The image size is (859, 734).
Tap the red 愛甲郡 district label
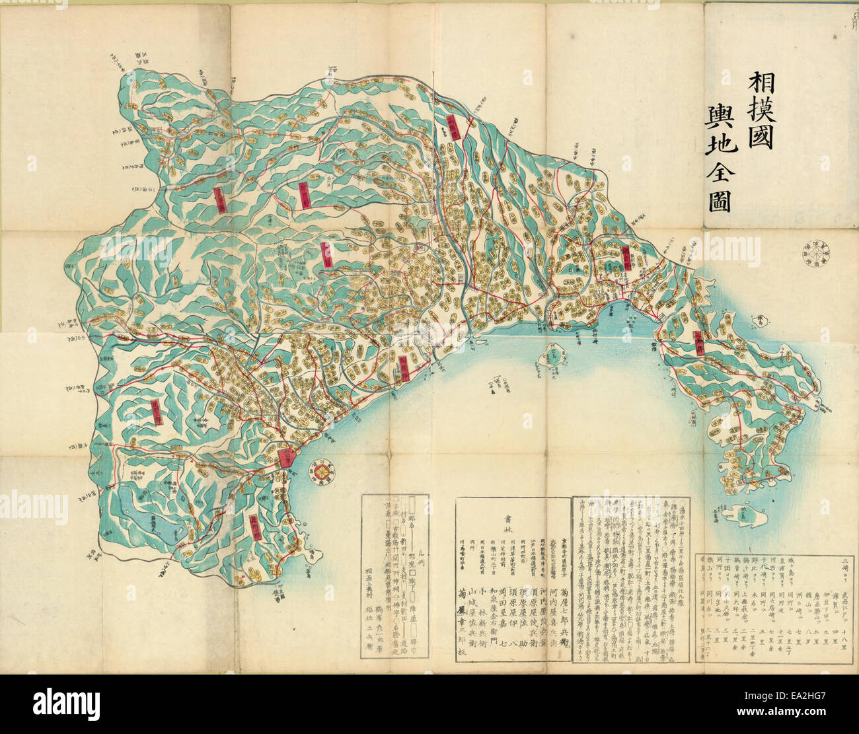305,195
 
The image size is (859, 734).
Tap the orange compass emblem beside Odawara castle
324,471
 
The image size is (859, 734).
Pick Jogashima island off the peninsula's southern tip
745,515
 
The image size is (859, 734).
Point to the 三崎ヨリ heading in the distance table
842,564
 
